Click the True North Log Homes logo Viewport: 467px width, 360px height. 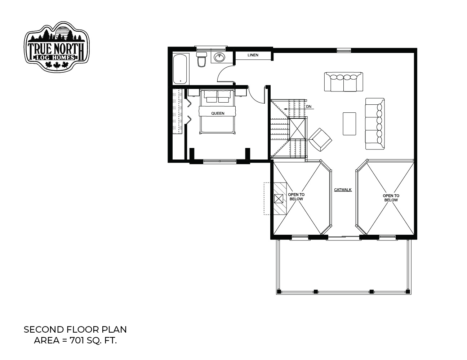[57, 47]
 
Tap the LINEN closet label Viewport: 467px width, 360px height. [253, 55]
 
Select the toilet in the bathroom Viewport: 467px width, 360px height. [201, 59]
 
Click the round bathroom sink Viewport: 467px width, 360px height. [219, 57]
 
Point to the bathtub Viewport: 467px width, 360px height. [180, 69]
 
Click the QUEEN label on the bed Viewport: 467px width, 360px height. [218, 113]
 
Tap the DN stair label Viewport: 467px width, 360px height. [308, 107]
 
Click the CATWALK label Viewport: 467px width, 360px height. [343, 190]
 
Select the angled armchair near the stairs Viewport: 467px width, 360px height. [320, 140]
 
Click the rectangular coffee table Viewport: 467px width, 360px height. [349, 124]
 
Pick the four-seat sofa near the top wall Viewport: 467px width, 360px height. [343, 82]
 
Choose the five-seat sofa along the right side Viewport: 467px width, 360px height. [375, 123]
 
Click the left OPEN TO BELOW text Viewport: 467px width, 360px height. [296, 197]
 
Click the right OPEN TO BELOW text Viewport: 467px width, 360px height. [391, 198]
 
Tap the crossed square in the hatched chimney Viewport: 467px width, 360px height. [279, 199]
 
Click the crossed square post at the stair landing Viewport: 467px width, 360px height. [297, 129]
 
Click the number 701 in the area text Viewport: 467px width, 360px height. [77, 341]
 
